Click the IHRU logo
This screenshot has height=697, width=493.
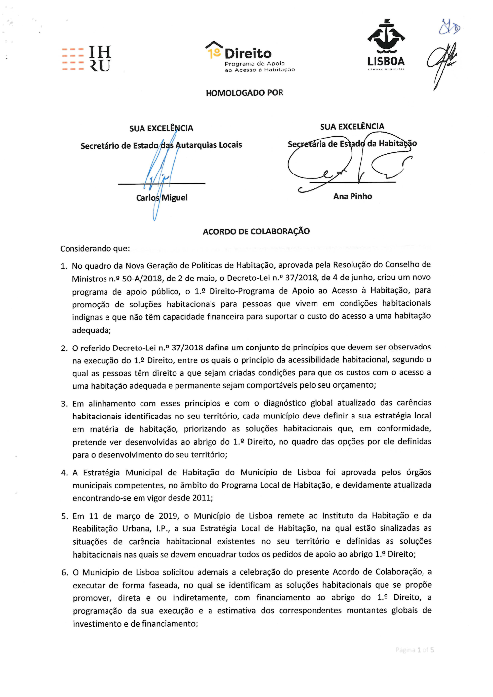[87, 59]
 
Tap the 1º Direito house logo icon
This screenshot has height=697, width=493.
[213, 50]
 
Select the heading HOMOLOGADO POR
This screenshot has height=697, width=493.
[245, 93]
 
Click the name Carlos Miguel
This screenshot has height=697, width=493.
[162, 198]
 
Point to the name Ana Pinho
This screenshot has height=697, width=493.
[352, 196]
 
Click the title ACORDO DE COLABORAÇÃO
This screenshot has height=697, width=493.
[256, 231]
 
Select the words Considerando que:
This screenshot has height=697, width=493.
[95, 249]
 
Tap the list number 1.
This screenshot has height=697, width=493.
[64, 266]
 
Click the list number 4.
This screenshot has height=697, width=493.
[64, 473]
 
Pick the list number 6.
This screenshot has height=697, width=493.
[65, 572]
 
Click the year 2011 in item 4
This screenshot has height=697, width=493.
[202, 498]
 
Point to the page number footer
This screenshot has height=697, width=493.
[415, 650]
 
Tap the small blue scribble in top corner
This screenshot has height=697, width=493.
[449, 27]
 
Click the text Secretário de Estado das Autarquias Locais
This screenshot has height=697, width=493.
[161, 145]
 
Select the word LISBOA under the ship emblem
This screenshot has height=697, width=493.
[386, 61]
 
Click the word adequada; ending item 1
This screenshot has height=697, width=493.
[92, 330]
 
